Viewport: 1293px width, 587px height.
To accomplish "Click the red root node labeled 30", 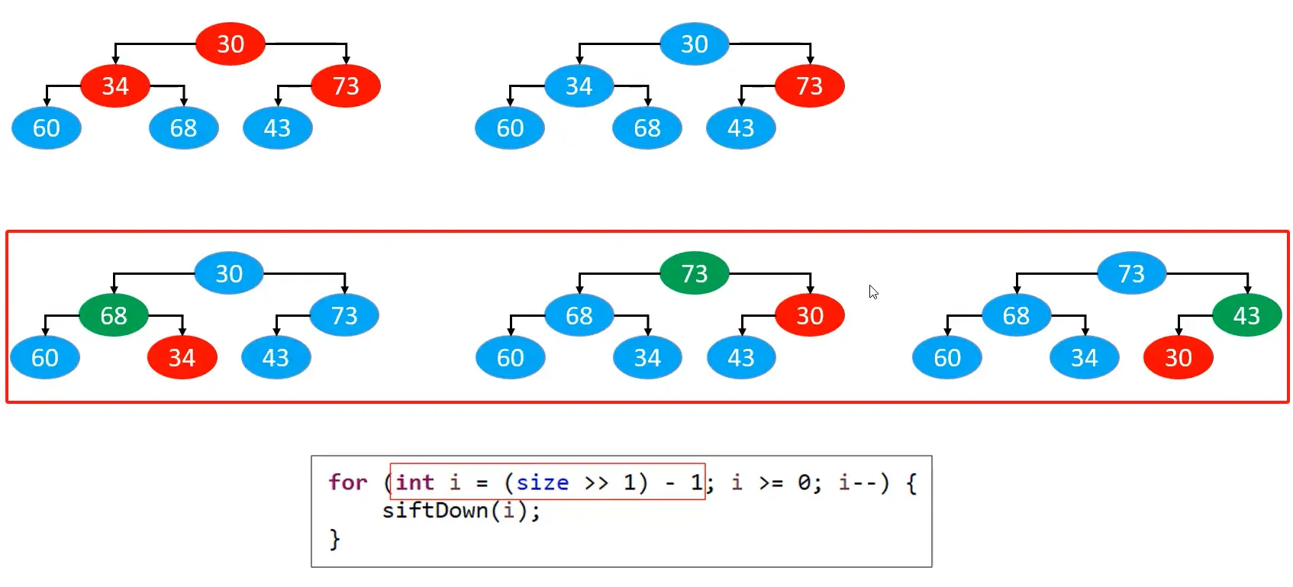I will pos(230,44).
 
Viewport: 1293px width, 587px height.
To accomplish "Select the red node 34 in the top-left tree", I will pos(115,86).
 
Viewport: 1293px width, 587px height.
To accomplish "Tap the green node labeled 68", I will pos(114,315).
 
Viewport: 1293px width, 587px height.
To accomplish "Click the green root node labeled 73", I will pos(694,273).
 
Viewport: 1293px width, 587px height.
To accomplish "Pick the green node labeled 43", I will pos(1246,315).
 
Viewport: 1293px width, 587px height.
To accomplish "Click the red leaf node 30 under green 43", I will pos(1178,357).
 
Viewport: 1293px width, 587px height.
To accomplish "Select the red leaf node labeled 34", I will pos(182,357).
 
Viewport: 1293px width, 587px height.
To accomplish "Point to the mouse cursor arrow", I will pos(872,292).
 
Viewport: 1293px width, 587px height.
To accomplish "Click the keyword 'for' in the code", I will pos(347,482).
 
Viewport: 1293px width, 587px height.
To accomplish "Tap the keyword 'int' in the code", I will pos(414,482).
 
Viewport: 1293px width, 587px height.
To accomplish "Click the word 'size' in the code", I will pos(542,482).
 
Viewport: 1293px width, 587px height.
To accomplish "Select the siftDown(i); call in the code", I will pos(461,511).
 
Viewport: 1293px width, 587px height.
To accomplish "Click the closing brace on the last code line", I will pos(334,539).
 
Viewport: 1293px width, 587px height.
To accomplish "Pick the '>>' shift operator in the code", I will pos(596,483).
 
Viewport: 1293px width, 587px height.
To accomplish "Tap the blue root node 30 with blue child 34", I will pos(694,44).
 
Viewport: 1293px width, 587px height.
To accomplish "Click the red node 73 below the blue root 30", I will pos(809,86).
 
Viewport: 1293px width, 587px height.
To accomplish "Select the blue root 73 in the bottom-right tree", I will pos(1131,273).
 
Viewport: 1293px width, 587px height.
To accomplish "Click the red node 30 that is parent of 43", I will pos(809,315).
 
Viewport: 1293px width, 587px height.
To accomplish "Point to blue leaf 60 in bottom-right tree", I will pos(947,357).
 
